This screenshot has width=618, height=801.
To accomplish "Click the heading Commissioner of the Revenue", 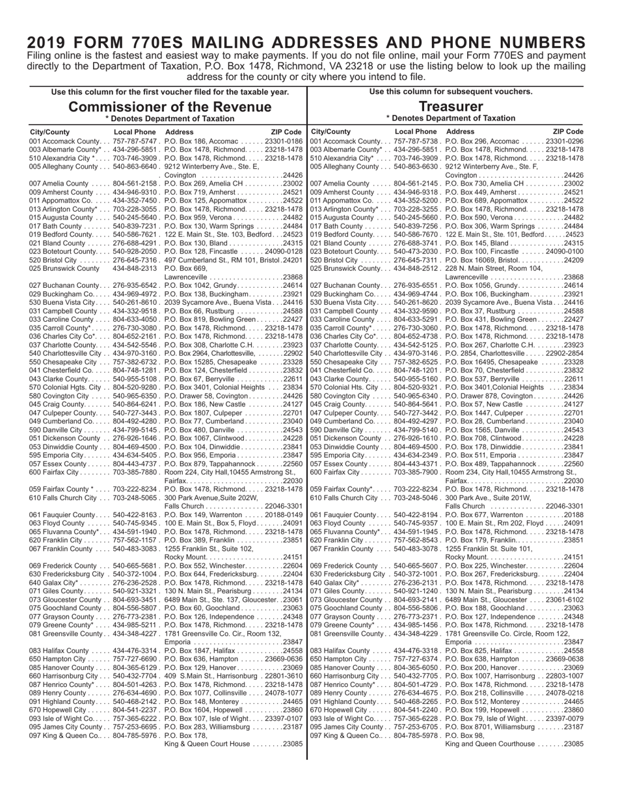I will [x=170, y=107].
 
